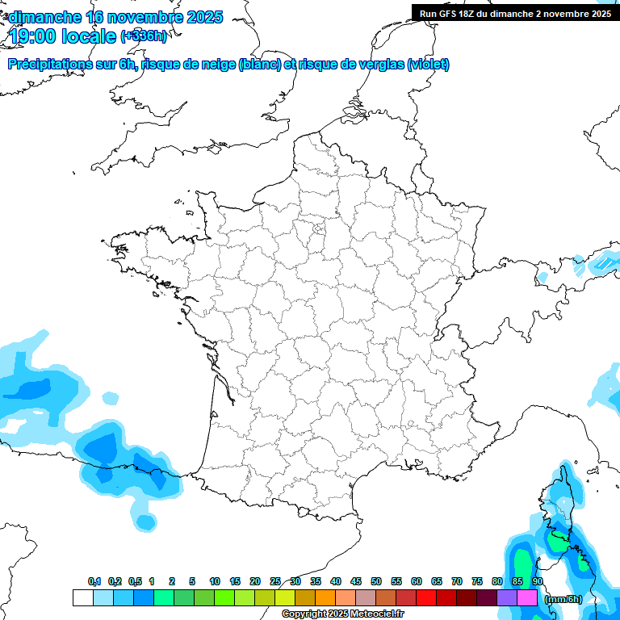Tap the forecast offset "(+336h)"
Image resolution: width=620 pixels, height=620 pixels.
[144, 36]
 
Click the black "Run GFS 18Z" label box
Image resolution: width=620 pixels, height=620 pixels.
[515, 13]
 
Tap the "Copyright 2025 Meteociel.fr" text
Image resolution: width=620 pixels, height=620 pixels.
[342, 614]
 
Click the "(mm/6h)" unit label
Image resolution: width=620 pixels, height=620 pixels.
[563, 598]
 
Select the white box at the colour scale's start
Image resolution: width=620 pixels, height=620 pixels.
[82, 598]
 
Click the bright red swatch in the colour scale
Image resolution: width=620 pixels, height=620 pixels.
[426, 598]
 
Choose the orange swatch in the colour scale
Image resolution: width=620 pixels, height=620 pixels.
[325, 598]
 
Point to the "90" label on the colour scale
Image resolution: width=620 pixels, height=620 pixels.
[538, 581]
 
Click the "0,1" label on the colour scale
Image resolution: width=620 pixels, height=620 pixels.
[94, 581]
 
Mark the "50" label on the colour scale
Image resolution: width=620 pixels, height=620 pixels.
[376, 581]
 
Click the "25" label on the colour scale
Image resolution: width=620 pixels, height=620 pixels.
[275, 581]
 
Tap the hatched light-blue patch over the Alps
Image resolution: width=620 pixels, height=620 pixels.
[602, 264]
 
